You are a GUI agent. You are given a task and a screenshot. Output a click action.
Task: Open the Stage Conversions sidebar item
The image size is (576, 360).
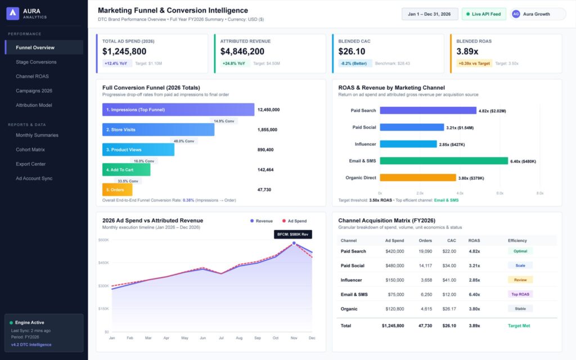tap(36, 62)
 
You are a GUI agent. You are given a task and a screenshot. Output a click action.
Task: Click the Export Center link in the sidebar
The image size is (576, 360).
tap(31, 164)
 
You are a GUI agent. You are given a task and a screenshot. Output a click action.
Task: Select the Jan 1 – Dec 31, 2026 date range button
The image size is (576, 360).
tap(429, 14)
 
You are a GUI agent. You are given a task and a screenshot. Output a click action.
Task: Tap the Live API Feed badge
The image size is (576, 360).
tap(483, 14)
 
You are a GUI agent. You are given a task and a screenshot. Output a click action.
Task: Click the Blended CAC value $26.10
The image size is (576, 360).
tap(352, 51)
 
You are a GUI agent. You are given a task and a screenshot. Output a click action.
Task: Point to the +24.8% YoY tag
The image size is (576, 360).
tap(233, 64)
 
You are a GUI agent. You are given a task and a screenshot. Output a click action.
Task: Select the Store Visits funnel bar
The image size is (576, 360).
tap(158, 130)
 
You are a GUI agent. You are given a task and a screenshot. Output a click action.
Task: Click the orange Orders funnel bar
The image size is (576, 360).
tap(117, 190)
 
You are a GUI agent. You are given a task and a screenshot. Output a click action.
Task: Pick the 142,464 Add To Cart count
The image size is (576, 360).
tap(265, 170)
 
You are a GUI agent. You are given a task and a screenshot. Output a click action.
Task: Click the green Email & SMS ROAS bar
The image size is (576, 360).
tap(444, 161)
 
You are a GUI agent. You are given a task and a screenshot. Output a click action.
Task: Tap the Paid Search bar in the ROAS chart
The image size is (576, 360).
tap(428, 111)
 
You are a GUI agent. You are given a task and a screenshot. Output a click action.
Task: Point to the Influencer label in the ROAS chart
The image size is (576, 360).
tap(365, 145)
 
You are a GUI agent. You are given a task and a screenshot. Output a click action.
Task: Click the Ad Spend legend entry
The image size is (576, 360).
tap(294, 221)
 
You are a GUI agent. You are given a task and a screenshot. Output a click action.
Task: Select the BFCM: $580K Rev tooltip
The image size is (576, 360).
tap(292, 235)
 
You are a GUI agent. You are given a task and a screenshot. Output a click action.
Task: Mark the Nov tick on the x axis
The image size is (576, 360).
tap(294, 338)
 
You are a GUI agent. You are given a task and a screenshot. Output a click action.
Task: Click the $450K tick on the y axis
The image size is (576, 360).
tap(103, 263)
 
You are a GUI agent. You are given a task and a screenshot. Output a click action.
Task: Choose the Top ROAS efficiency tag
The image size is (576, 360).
tap(520, 294)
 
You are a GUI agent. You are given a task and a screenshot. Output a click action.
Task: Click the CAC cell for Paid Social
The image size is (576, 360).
tap(449, 265)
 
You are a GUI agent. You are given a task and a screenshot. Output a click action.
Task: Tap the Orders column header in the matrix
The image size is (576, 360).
tap(425, 241)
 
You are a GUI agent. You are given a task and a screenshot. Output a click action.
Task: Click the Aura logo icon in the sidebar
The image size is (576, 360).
tap(13, 13)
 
